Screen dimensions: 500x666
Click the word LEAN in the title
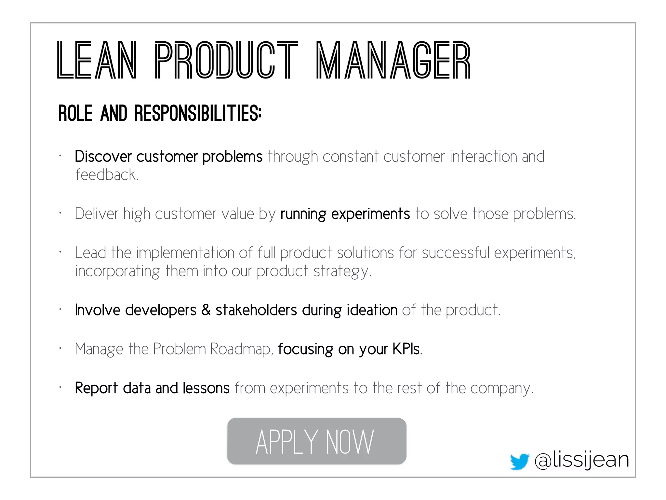click(x=97, y=61)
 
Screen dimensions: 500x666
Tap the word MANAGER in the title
click(x=393, y=61)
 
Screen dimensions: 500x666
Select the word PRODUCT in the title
click(x=226, y=61)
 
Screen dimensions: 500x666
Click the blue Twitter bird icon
click(x=519, y=461)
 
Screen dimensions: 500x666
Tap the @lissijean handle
click(x=581, y=460)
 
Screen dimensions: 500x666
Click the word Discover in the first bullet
click(x=103, y=157)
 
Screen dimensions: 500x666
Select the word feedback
click(x=107, y=175)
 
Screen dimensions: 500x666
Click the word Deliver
click(x=97, y=214)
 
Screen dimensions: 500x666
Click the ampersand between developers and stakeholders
click(x=206, y=310)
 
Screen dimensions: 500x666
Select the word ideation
click(x=372, y=310)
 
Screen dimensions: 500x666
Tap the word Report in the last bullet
click(x=96, y=388)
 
